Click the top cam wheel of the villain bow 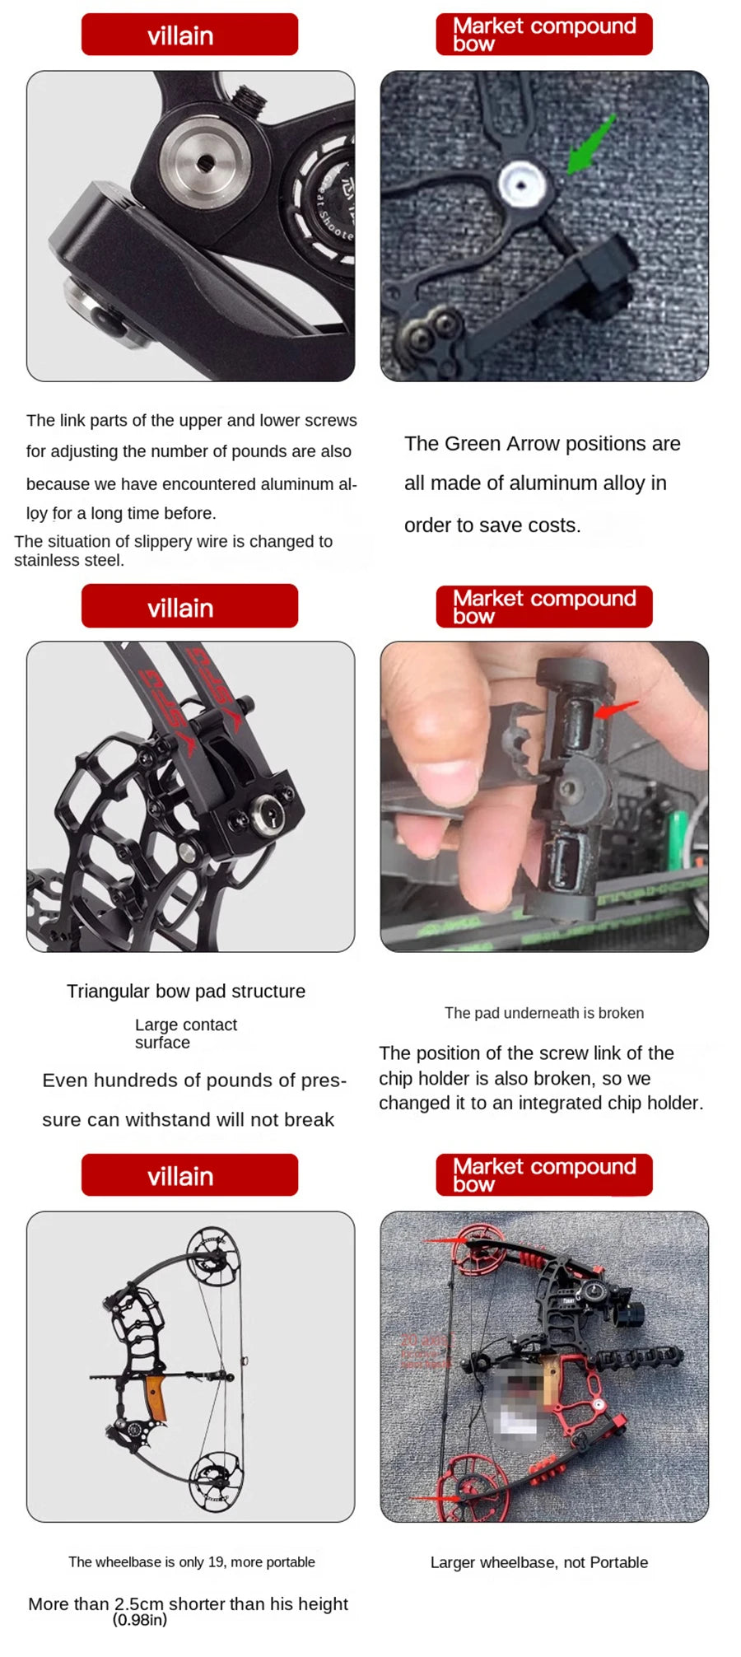point(214,1258)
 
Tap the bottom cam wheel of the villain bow point(217,1481)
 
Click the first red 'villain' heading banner point(189,35)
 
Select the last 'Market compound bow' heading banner point(543,1174)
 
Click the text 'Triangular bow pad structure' point(186,991)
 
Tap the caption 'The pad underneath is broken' point(543,1013)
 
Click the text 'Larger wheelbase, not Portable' point(538,1562)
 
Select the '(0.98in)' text point(139,1620)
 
